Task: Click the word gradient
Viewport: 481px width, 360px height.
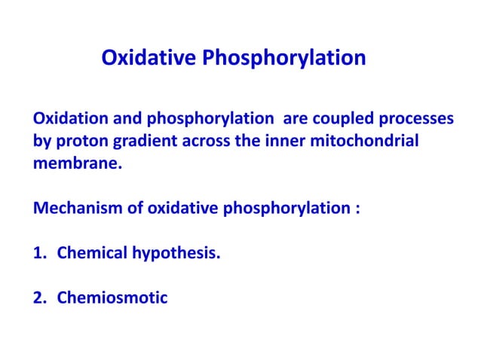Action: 142,141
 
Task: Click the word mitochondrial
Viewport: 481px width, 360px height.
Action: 359,141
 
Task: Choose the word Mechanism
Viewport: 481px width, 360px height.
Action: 75,207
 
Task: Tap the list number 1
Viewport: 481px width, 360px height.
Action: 38,252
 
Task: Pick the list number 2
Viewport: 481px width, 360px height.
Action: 38,296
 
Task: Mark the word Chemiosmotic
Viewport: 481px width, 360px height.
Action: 112,296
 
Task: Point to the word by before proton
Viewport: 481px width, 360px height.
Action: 41,141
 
